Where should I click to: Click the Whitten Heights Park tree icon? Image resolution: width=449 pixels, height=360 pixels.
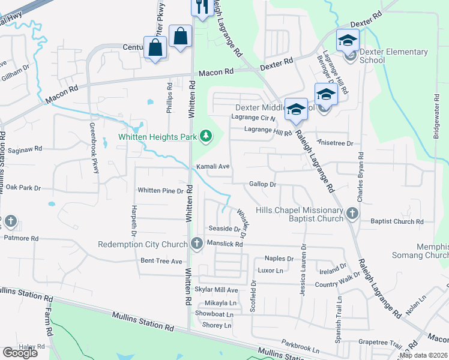pos(206,137)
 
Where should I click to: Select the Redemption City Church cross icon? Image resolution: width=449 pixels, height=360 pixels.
pos(196,244)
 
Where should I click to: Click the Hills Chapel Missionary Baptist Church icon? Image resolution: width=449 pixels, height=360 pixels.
pos(352,214)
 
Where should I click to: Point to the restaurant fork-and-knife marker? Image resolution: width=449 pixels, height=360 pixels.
pos(200,7)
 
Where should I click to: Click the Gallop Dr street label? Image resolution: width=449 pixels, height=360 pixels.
pos(262,184)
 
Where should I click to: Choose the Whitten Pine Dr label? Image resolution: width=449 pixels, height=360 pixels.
pos(160,191)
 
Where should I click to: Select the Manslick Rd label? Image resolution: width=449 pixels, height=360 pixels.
pos(224,244)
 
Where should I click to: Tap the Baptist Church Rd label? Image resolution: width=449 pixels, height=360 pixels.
pos(397,221)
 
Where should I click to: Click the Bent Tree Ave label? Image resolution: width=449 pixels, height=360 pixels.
pos(161,261)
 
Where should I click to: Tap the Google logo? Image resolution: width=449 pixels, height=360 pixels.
pos(20,353)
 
